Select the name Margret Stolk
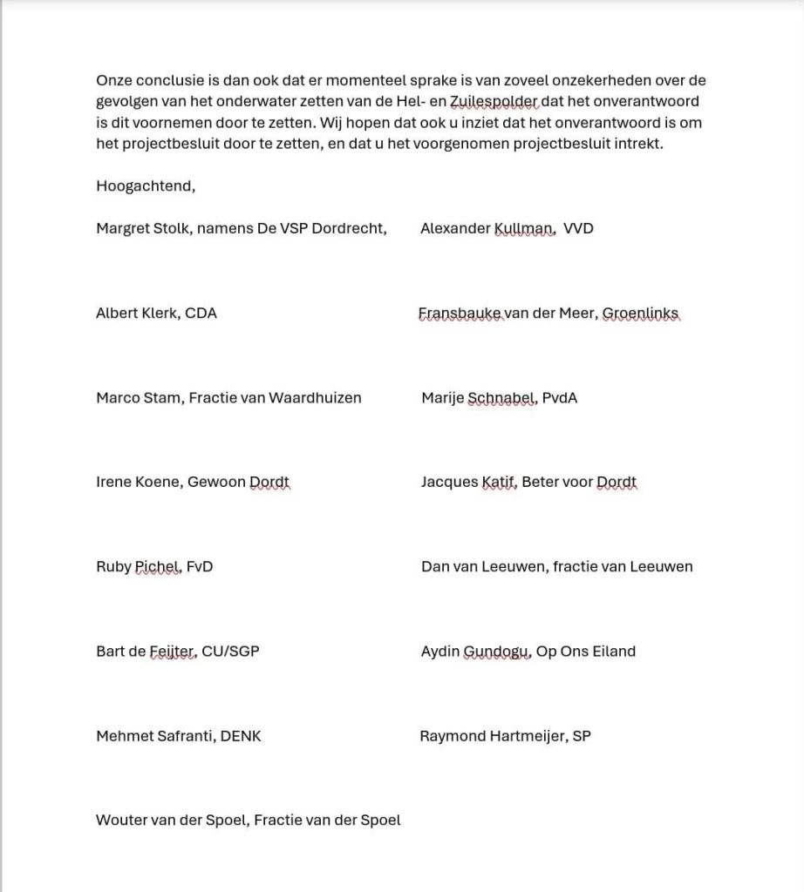[142, 229]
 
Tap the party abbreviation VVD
[579, 229]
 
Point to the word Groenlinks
[641, 314]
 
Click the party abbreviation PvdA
[560, 398]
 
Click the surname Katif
[498, 483]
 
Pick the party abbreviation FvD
[200, 567]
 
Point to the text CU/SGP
[230, 652]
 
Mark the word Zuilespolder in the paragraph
[494, 102]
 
